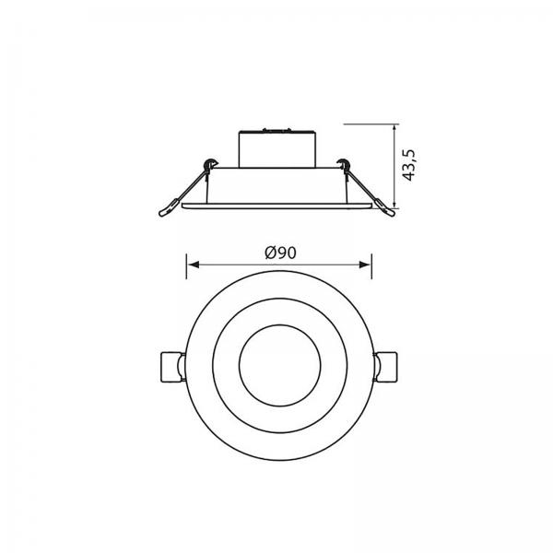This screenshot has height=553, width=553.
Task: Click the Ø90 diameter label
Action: coord(280,253)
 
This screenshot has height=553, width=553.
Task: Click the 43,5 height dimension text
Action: coord(409,165)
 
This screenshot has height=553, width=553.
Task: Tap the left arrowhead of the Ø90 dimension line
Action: coord(193,265)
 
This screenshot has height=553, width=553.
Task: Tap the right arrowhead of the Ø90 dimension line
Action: coord(365,265)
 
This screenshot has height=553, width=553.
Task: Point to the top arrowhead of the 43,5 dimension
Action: coord(394,130)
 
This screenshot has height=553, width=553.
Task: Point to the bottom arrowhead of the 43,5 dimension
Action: coord(394,203)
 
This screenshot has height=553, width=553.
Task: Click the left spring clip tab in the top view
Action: coord(172,367)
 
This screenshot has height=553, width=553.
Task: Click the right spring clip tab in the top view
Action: coord(385,367)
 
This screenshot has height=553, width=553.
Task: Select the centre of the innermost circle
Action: coord(280,365)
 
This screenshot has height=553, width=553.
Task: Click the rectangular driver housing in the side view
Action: coord(276,149)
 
